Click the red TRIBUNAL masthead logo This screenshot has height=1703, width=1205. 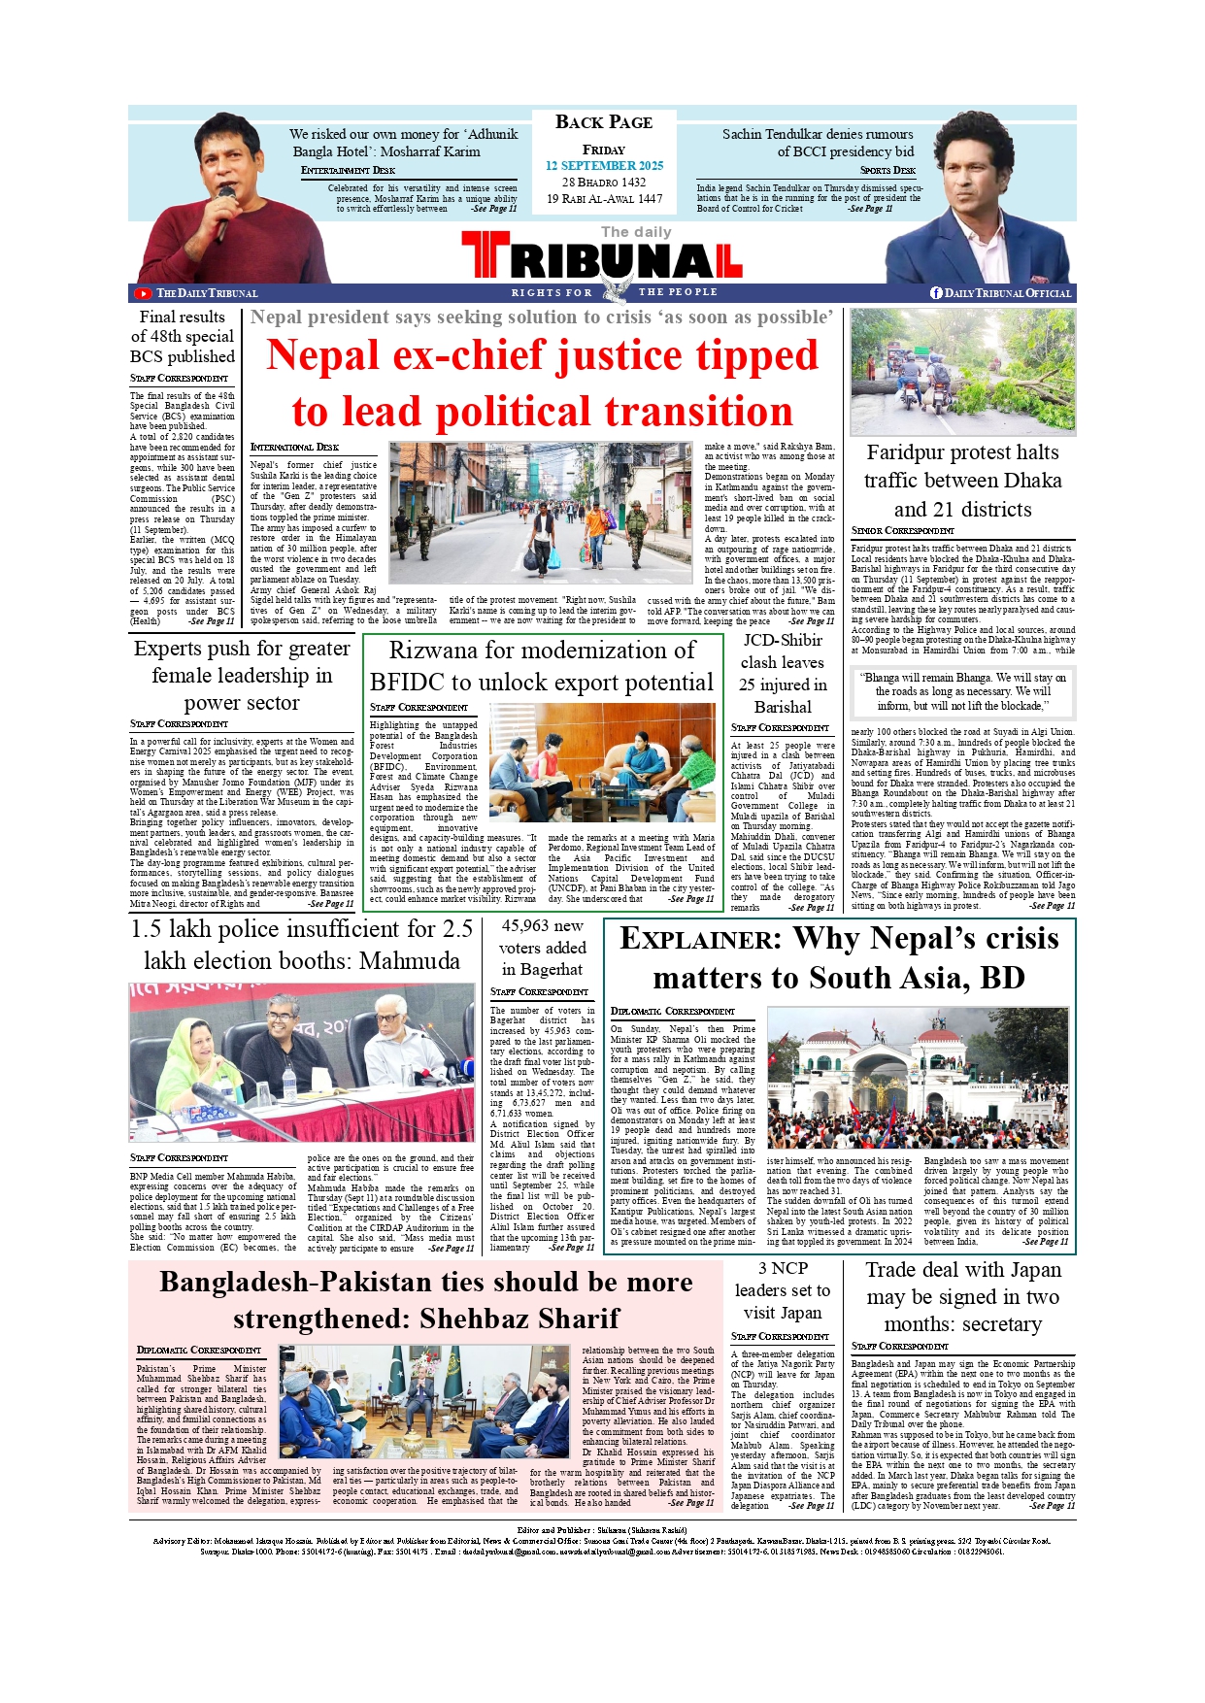601,259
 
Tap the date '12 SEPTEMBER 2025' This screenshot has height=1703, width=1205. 604,166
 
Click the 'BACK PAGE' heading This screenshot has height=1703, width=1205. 604,122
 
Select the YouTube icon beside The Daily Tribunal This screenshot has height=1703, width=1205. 144,293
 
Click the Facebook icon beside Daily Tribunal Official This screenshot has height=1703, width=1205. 936,293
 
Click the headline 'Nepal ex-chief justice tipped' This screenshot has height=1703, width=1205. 543,355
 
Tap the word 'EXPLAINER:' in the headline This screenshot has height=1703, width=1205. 700,939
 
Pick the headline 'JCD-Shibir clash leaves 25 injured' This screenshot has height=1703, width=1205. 783,673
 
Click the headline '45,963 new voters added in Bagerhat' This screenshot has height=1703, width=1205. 543,948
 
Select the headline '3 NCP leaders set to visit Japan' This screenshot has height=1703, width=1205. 783,1290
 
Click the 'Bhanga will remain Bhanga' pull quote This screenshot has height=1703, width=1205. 962,691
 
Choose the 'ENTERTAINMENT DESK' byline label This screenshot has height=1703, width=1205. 348,170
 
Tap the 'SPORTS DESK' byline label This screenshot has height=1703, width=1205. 887,170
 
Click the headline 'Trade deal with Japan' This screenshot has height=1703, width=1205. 963,1270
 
